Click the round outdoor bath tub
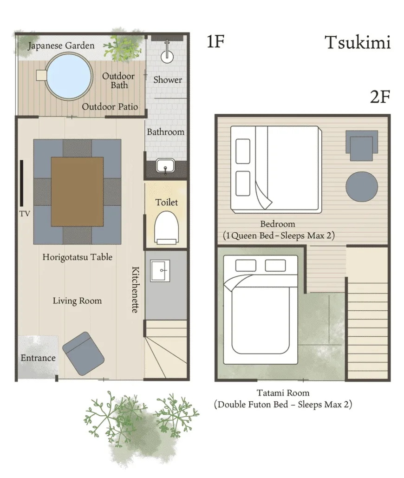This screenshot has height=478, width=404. pyautogui.click(x=69, y=76)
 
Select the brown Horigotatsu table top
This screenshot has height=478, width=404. pyautogui.click(x=77, y=191)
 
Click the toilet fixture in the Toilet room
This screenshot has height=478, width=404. pyautogui.click(x=166, y=228)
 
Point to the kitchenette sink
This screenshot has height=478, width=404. pyautogui.click(x=160, y=270)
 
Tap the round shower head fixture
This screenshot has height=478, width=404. pyautogui.click(x=167, y=56)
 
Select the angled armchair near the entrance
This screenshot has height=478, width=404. pyautogui.click(x=83, y=354)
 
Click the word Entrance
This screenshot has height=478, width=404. pyautogui.click(x=38, y=358)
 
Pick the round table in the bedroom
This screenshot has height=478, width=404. pyautogui.click(x=362, y=187)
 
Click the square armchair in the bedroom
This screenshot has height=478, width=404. pyautogui.click(x=362, y=146)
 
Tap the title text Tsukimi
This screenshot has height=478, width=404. pyautogui.click(x=358, y=42)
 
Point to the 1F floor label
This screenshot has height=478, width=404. pyautogui.click(x=215, y=41)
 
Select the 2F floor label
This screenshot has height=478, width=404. pyautogui.click(x=380, y=97)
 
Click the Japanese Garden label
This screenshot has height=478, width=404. pyautogui.click(x=61, y=46)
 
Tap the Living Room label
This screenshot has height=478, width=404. pyautogui.click(x=77, y=301)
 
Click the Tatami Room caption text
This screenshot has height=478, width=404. pyautogui.click(x=283, y=393)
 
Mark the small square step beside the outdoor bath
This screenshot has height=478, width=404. pyautogui.click(x=41, y=75)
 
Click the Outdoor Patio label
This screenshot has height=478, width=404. pyautogui.click(x=110, y=107)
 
